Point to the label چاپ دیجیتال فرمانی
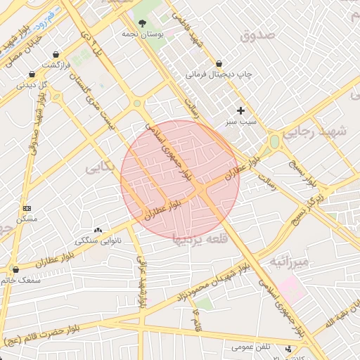pos(219,73)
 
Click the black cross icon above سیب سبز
pos(241,110)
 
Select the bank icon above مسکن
pos(27,208)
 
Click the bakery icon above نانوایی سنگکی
pos(98,230)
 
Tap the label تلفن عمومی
pos(252,347)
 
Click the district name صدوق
pos(255,35)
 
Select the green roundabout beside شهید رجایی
pos(274,141)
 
